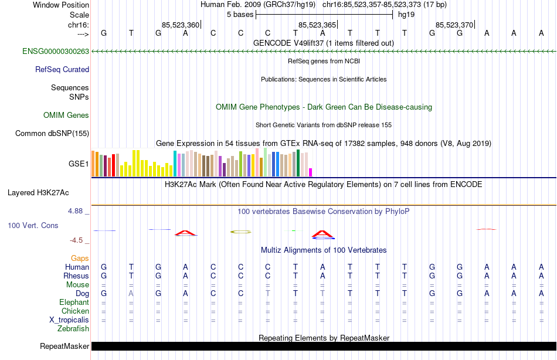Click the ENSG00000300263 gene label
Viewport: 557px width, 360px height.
click(x=56, y=52)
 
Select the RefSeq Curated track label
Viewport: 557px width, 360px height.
click(x=62, y=70)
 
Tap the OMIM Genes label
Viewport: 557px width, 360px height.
click(x=66, y=116)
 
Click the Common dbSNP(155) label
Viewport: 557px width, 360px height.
click(x=52, y=134)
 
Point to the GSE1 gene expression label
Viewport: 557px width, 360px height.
click(x=79, y=164)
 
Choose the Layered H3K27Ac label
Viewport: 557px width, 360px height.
click(x=38, y=192)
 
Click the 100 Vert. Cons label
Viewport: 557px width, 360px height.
click(x=33, y=226)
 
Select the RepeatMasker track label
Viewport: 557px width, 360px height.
click(x=64, y=347)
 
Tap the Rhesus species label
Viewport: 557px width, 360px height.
click(x=76, y=276)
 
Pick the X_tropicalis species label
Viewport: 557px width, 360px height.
click(x=69, y=320)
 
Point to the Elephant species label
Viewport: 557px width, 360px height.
click(x=74, y=303)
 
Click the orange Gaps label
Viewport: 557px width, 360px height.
click(x=80, y=259)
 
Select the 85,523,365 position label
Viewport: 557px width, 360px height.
click(x=317, y=25)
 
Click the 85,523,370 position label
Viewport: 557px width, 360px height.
click(x=454, y=25)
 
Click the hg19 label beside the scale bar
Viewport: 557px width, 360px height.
click(x=406, y=15)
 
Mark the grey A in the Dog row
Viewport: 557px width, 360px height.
click(x=131, y=293)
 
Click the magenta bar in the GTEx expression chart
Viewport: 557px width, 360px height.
click(x=310, y=172)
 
